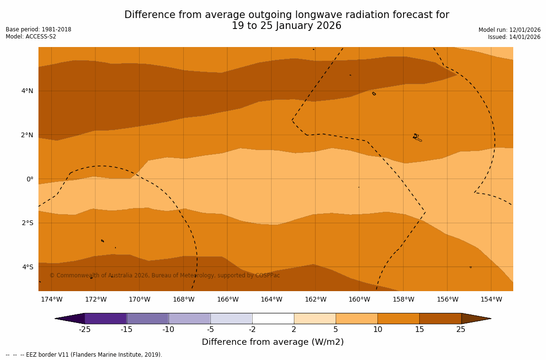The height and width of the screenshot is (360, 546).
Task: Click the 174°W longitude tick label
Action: (x=51, y=299)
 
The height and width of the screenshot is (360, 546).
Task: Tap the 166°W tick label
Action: (x=227, y=299)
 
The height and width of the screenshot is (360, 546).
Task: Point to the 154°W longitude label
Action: (x=491, y=299)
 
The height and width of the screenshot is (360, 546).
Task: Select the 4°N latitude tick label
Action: (x=27, y=91)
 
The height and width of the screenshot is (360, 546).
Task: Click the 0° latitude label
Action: (x=30, y=179)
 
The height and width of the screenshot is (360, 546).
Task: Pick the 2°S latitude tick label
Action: (x=27, y=223)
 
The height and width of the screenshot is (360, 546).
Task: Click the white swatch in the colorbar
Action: (x=273, y=318)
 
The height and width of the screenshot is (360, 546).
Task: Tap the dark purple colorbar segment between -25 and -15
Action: (x=105, y=318)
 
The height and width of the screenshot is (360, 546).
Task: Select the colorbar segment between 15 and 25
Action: (x=440, y=318)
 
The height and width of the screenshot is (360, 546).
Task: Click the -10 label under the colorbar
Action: (x=168, y=330)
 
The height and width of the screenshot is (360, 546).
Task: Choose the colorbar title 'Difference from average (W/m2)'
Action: (x=273, y=342)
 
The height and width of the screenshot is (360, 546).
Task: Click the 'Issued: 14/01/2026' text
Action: (x=514, y=37)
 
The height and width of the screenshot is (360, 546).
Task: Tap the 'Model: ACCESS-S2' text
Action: (x=31, y=37)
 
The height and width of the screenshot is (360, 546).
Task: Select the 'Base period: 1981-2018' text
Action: (x=38, y=29)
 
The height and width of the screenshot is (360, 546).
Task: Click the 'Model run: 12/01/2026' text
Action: (x=509, y=30)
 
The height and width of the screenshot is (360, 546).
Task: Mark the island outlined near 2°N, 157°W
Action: (x=417, y=138)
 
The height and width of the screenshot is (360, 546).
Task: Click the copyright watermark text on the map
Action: (x=165, y=275)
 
